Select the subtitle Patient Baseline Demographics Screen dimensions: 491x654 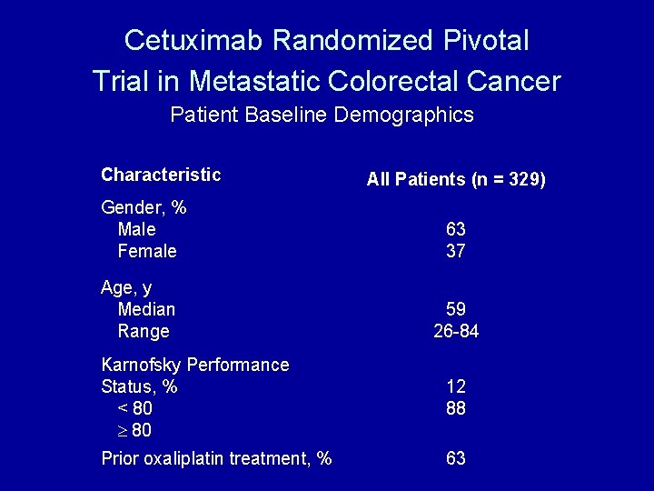click(x=322, y=115)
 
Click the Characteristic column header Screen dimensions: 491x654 click(x=161, y=175)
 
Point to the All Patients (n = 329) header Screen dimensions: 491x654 click(x=456, y=179)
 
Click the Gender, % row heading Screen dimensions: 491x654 click(x=144, y=207)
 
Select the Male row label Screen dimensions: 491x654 click(x=136, y=229)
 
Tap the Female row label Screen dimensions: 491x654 click(x=147, y=251)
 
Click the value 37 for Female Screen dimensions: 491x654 click(x=456, y=251)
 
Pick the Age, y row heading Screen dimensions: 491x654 click(x=126, y=287)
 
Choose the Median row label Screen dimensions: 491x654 click(x=146, y=309)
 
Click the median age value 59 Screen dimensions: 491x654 click(x=456, y=309)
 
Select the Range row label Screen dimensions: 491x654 click(x=144, y=331)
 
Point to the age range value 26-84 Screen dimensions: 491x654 click(x=456, y=331)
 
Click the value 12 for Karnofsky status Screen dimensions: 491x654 click(x=456, y=386)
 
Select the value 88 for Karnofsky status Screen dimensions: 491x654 click(x=456, y=408)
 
